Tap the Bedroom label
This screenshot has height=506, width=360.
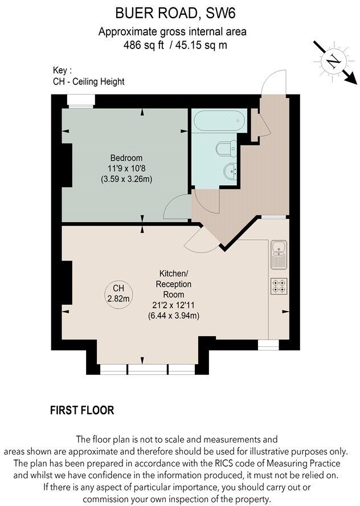pyautogui.click(x=126, y=158)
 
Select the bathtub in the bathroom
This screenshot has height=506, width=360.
pyautogui.click(x=219, y=121)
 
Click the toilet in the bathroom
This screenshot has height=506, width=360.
pyautogui.click(x=225, y=149)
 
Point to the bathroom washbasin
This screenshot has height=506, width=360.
pyautogui.click(x=229, y=170)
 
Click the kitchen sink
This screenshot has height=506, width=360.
pyautogui.click(x=279, y=254)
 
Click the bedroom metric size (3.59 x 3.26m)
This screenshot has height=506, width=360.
pyautogui.click(x=126, y=178)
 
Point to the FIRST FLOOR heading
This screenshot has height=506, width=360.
pyautogui.click(x=82, y=410)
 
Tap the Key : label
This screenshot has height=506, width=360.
pyautogui.click(x=62, y=71)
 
